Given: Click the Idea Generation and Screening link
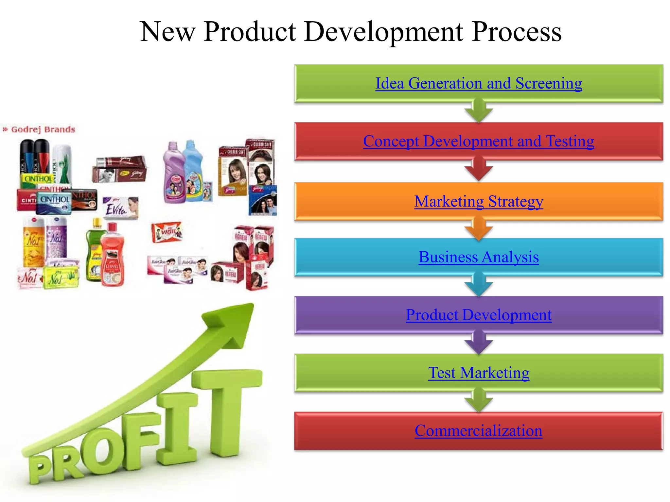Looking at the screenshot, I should (x=479, y=83).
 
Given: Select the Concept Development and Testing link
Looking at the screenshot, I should (x=479, y=142).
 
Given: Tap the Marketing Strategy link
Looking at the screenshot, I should (x=479, y=201).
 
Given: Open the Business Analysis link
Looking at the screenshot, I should (x=479, y=257).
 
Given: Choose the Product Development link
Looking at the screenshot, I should (x=479, y=315).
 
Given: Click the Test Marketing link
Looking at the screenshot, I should (x=479, y=373).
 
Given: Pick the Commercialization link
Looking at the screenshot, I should (x=479, y=431).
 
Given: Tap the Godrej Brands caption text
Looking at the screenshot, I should (x=43, y=129).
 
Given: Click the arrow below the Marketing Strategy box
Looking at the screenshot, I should (x=479, y=230).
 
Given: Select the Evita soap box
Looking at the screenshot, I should (x=121, y=208).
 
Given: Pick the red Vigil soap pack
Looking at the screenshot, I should (x=167, y=232).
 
